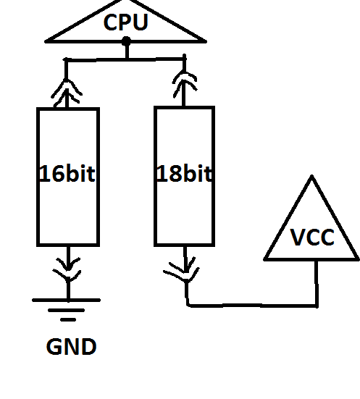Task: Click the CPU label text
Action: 126,22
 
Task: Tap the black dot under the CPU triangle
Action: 126,41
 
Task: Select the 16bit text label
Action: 67,173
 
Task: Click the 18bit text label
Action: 184,173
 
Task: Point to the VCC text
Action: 312,237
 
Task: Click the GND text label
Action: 71,346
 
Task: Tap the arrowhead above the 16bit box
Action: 67,92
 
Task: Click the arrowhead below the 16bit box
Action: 67,269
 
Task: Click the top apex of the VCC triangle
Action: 312,175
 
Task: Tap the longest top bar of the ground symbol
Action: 66,301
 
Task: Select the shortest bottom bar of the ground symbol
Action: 68,319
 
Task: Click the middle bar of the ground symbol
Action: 66,310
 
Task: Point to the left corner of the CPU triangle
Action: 46,42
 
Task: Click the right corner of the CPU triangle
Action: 206,41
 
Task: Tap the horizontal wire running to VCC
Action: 252,305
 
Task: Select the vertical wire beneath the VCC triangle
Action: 317,283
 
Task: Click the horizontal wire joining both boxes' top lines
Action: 125,60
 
